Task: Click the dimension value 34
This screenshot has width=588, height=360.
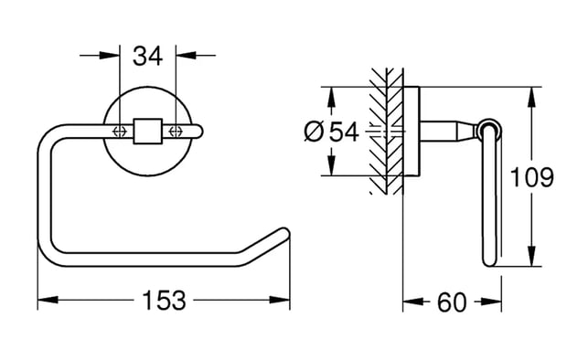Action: (x=148, y=56)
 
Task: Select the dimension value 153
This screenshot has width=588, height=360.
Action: (x=165, y=301)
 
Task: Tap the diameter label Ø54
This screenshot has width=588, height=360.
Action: (x=332, y=132)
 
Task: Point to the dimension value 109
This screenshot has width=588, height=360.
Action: (x=532, y=177)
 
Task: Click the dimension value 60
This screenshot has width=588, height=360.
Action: (x=452, y=302)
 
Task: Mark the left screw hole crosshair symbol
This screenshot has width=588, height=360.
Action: (x=119, y=131)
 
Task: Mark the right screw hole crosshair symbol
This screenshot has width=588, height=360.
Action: (x=176, y=131)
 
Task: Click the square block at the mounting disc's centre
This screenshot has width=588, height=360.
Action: (x=148, y=131)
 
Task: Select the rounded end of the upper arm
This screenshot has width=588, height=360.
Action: (x=198, y=131)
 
